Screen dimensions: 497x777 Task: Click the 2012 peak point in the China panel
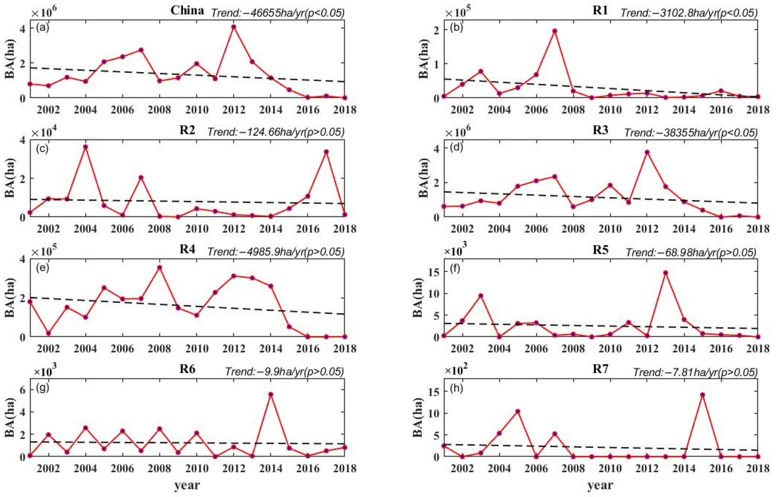tap(234, 26)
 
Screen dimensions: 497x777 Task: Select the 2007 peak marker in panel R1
tap(555, 31)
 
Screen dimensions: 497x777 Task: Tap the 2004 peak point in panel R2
tap(86, 147)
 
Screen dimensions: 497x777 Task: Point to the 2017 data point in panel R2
tap(326, 152)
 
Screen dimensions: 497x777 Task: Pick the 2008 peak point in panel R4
tap(159, 267)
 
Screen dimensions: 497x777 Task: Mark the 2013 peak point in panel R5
tap(665, 273)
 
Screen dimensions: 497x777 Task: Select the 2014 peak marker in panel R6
tap(271, 394)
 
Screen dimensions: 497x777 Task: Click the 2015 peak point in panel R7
tap(702, 395)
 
